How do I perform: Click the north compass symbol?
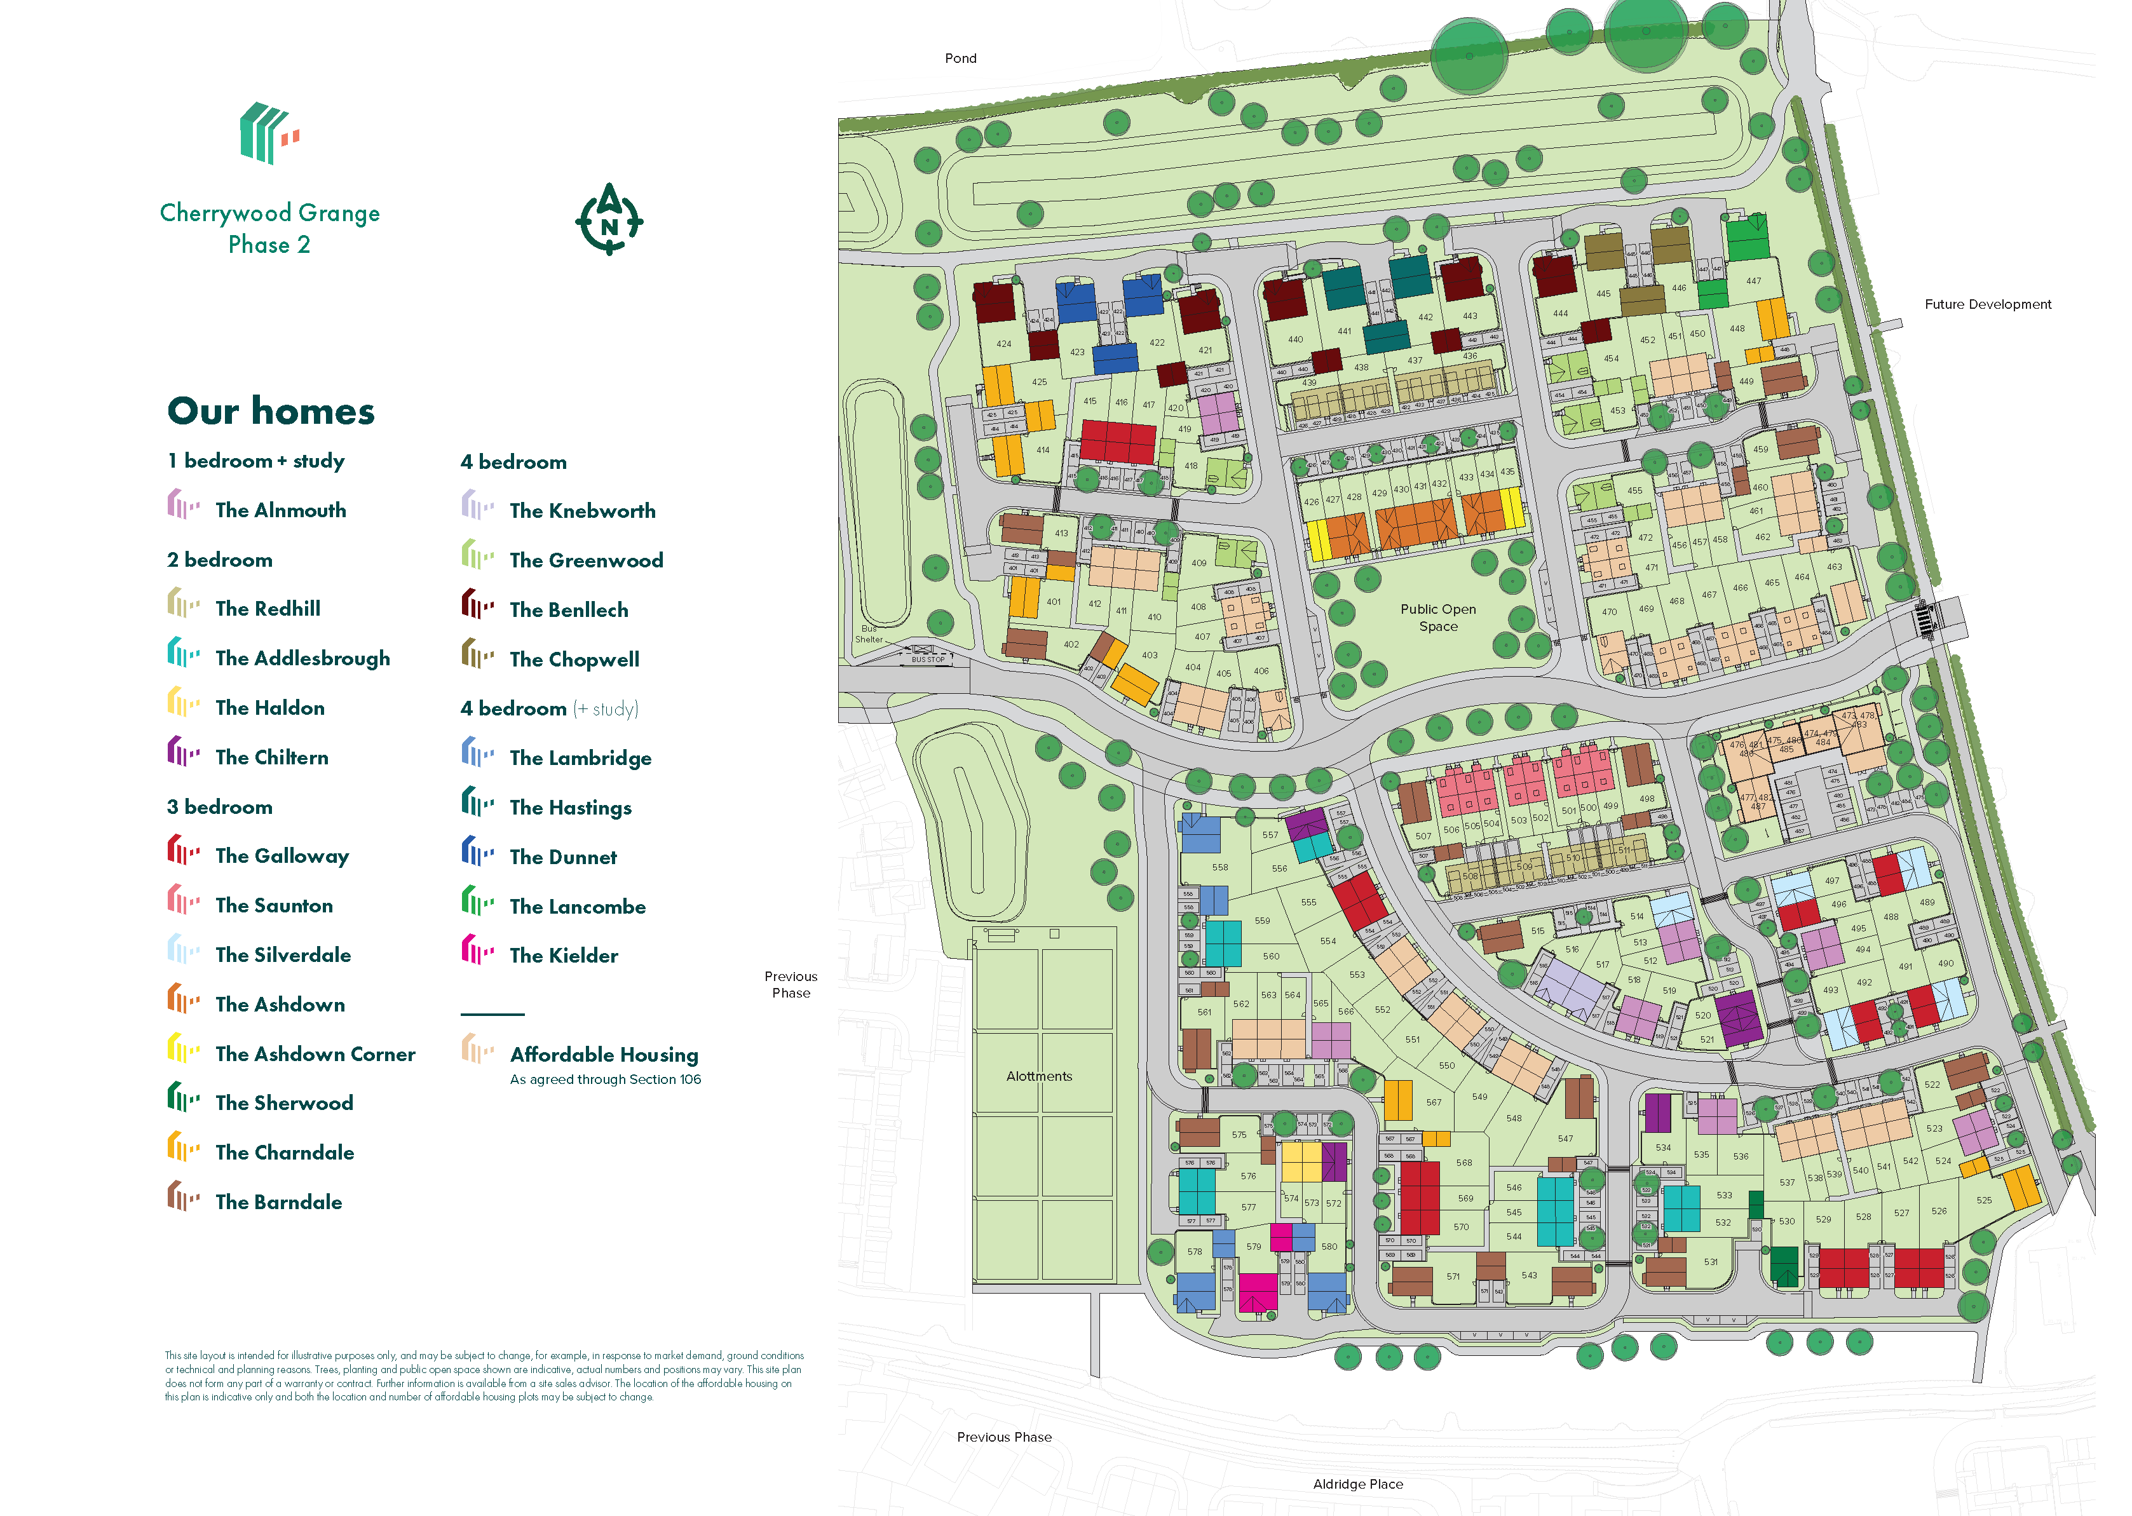click(609, 220)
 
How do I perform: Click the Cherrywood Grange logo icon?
click(269, 133)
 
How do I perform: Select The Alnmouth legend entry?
click(280, 510)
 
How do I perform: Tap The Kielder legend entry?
click(563, 955)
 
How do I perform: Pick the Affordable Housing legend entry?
click(603, 1054)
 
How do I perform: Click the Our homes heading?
click(271, 410)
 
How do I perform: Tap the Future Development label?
click(1986, 304)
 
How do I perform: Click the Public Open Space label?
click(1437, 617)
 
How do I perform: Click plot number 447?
click(1753, 281)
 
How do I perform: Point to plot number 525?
click(1983, 1200)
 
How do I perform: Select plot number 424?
click(1003, 344)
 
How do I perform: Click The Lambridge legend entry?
click(580, 757)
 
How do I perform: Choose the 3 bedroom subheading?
click(219, 806)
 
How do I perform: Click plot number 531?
click(1710, 1261)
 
